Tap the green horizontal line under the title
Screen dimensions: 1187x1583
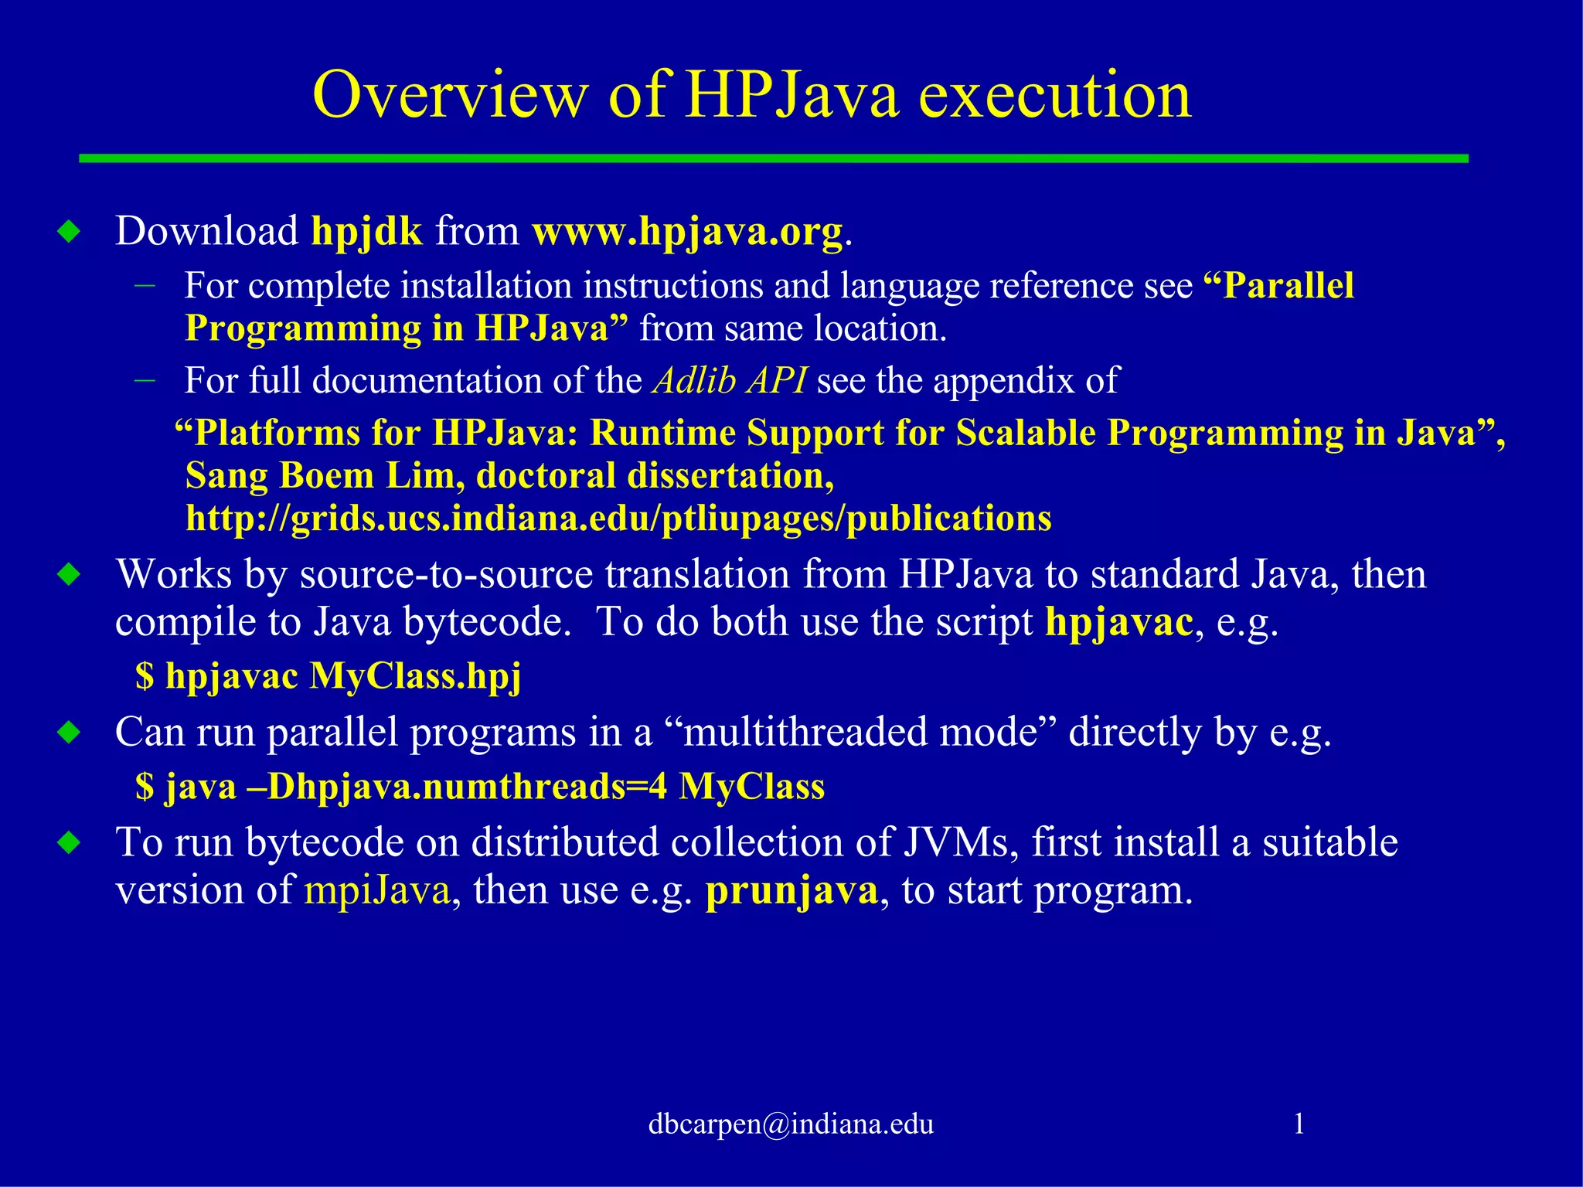(x=773, y=158)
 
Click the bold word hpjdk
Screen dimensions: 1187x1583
(x=366, y=231)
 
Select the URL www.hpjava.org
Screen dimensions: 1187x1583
(x=687, y=231)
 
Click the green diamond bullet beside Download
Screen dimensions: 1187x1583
(x=69, y=231)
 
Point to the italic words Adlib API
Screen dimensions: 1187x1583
(x=729, y=380)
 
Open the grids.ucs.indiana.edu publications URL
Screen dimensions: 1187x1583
(x=618, y=518)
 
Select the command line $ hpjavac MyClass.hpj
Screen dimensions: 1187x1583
(x=329, y=676)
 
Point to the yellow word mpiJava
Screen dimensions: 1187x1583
(x=377, y=889)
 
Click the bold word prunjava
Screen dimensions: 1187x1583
(x=791, y=890)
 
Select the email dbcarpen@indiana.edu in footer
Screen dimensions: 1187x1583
(x=791, y=1124)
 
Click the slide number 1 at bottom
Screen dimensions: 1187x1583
(x=1299, y=1123)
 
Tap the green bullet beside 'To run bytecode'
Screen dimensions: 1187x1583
(x=69, y=842)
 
